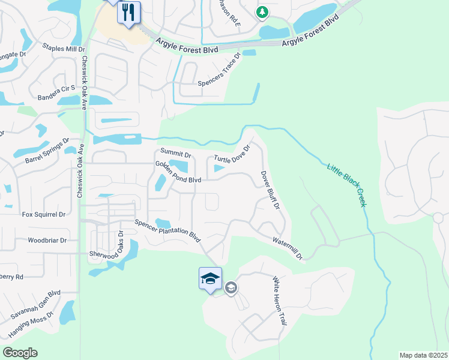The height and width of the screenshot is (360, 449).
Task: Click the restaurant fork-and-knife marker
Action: [x=128, y=13]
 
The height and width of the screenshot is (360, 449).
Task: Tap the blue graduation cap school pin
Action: [x=210, y=279]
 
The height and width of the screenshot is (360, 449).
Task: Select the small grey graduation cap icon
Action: [x=231, y=289]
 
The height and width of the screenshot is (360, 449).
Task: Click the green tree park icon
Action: [x=262, y=12]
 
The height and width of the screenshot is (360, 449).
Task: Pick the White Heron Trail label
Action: [x=278, y=301]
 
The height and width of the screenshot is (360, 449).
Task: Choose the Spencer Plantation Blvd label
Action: [x=167, y=230]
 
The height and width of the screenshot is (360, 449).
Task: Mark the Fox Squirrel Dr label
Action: [x=43, y=214]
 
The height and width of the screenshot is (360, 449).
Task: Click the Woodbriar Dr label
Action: [x=47, y=240]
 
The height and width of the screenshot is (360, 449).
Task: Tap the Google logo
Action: [x=20, y=353]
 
